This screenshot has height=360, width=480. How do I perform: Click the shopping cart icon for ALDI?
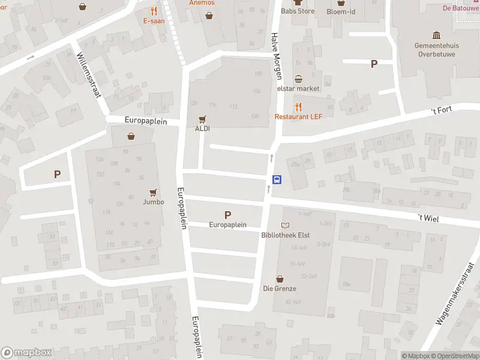pos(202,119)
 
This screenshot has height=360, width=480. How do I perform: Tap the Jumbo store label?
pos(153,202)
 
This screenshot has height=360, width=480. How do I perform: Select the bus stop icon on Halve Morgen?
pos(277,179)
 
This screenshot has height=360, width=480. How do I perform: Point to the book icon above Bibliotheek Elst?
pos(286,226)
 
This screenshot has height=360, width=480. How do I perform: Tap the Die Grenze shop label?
pos(280,289)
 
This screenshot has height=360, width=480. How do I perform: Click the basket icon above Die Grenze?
pos(280,279)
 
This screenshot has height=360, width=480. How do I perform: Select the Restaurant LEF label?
pos(299,116)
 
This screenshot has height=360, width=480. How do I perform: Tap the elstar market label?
pos(298,89)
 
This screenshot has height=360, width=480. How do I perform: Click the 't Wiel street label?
pos(428,219)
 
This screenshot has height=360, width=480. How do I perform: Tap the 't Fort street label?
pos(442,110)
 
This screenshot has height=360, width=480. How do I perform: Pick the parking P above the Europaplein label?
pos(227,215)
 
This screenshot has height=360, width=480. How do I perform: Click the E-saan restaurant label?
pos(154,20)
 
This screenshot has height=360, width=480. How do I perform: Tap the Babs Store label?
pos(298,11)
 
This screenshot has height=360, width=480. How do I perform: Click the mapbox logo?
pos(26,353)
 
